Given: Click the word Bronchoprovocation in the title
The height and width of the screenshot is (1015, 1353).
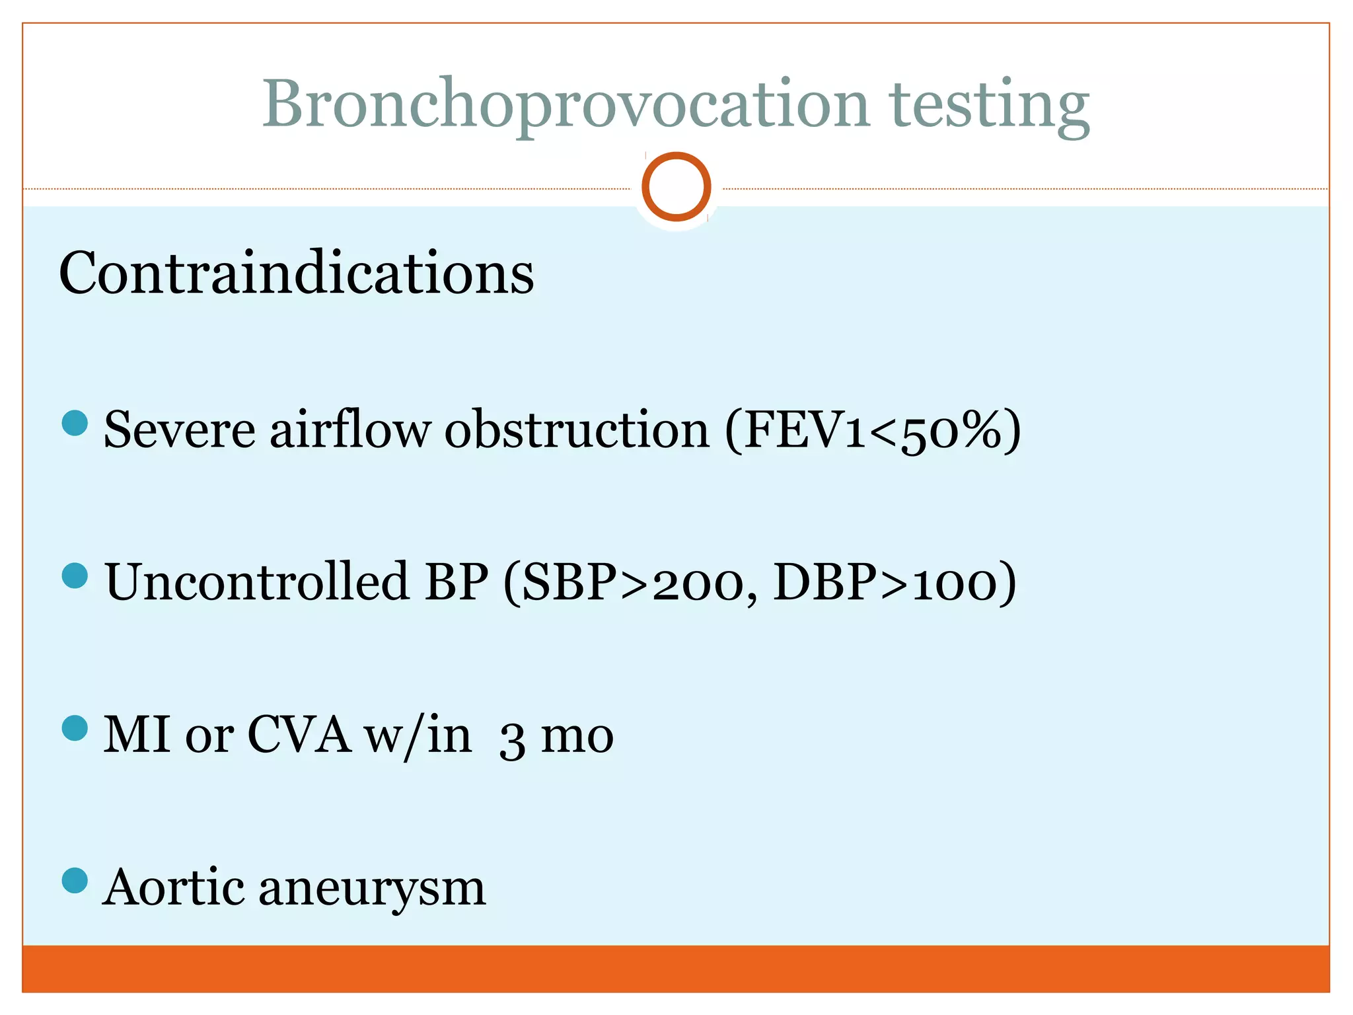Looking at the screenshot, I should (x=566, y=104).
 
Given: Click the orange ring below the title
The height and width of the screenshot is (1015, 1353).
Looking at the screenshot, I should (x=676, y=187).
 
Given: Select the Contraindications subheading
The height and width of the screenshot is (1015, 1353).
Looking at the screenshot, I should (x=297, y=273).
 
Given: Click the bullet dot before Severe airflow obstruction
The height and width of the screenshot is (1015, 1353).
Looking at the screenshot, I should (x=75, y=423).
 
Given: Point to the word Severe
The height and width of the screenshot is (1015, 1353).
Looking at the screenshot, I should (x=179, y=430).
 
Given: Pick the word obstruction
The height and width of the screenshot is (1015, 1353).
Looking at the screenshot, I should (x=577, y=430).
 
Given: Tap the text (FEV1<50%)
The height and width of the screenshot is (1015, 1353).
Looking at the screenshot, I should (x=873, y=430).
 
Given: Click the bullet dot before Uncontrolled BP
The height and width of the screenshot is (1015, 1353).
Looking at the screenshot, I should (x=75, y=576).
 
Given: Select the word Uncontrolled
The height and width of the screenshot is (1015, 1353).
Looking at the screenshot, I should (x=257, y=582).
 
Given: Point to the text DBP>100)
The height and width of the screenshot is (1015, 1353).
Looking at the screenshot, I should (x=895, y=582).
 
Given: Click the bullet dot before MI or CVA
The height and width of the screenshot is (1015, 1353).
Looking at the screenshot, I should (x=75, y=728).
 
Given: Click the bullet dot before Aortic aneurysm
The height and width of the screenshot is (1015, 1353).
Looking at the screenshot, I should (x=75, y=880).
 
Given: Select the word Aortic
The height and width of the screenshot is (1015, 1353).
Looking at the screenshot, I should (x=174, y=887).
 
